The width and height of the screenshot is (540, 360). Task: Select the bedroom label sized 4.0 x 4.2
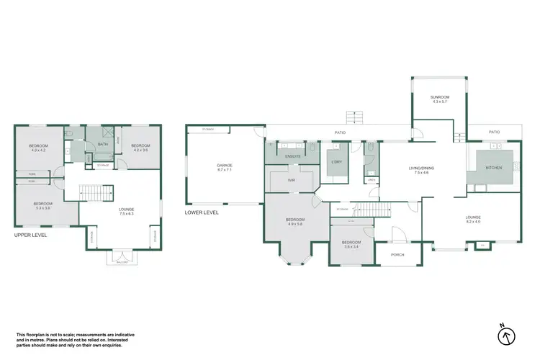[x=38, y=148]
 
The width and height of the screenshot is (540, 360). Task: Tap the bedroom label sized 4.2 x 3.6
[x=140, y=148]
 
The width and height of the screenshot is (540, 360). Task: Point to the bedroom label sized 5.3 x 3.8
[x=42, y=205]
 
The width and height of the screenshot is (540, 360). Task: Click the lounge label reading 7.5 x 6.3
[x=127, y=212]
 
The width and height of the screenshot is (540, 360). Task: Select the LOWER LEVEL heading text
[x=201, y=212]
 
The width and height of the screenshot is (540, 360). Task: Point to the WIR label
[x=292, y=180]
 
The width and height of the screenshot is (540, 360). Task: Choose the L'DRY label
[x=335, y=162]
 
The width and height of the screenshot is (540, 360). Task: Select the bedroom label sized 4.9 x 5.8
[x=295, y=221]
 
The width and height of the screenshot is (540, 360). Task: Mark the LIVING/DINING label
[x=421, y=171]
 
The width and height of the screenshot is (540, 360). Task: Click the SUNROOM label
[x=440, y=99]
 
